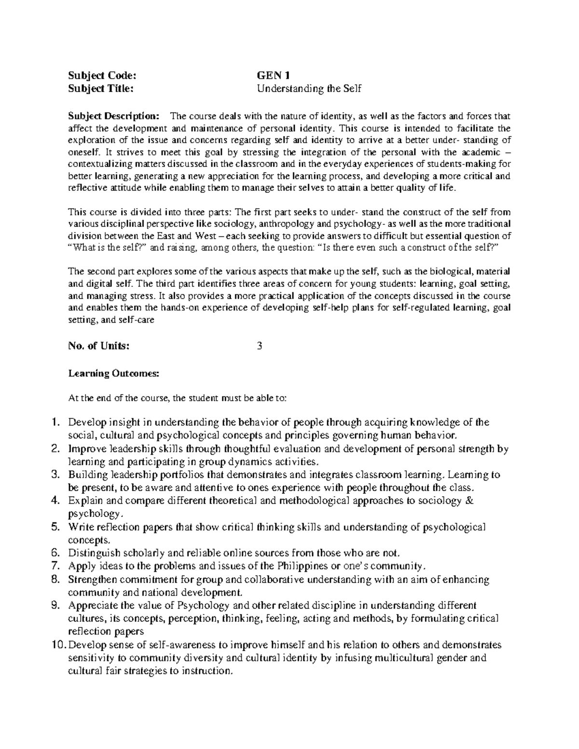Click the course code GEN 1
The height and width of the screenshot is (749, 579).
[273, 75]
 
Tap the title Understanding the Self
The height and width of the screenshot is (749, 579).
[309, 89]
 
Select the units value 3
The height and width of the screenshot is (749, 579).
[260, 346]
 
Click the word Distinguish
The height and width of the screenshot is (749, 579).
[92, 553]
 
